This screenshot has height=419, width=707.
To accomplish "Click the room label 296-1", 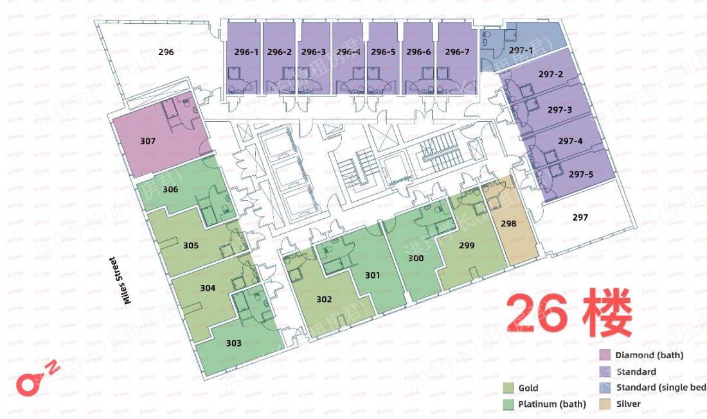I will pyautogui.click(x=245, y=52).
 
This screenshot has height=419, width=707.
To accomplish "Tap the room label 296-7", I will pyautogui.click(x=457, y=52).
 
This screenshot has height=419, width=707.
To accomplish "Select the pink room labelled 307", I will pyautogui.click(x=148, y=140).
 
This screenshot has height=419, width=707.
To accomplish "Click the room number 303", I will pyautogui.click(x=234, y=343).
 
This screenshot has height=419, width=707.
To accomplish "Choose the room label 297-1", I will pyautogui.click(x=521, y=49).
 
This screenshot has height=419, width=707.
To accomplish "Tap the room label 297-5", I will pyautogui.click(x=581, y=173).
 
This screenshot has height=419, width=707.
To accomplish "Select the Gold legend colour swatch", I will pyautogui.click(x=508, y=388).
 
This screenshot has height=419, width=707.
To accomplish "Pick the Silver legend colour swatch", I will pyautogui.click(x=605, y=404).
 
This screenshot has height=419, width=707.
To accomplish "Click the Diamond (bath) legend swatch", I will pyautogui.click(x=605, y=355).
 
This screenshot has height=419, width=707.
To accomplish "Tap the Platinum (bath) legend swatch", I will pyautogui.click(x=508, y=404).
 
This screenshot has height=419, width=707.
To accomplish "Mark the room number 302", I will pyautogui.click(x=324, y=299).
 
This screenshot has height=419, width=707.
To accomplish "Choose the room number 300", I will pyautogui.click(x=416, y=258).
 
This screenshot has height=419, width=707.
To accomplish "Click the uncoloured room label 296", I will pyautogui.click(x=166, y=52).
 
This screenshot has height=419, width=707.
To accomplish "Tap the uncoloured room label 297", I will pyautogui.click(x=580, y=218).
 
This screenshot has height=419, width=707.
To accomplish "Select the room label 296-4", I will pyautogui.click(x=348, y=52).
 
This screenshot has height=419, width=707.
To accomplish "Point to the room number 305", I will pyautogui.click(x=190, y=245).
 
